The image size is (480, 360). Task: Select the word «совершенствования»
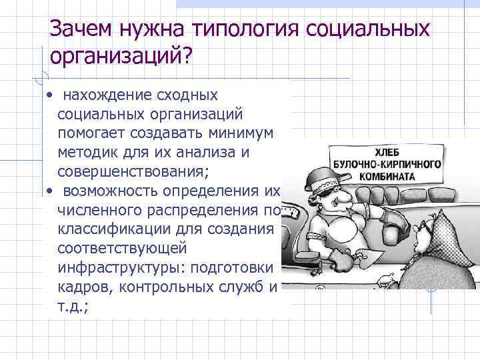click(x=133, y=171)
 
